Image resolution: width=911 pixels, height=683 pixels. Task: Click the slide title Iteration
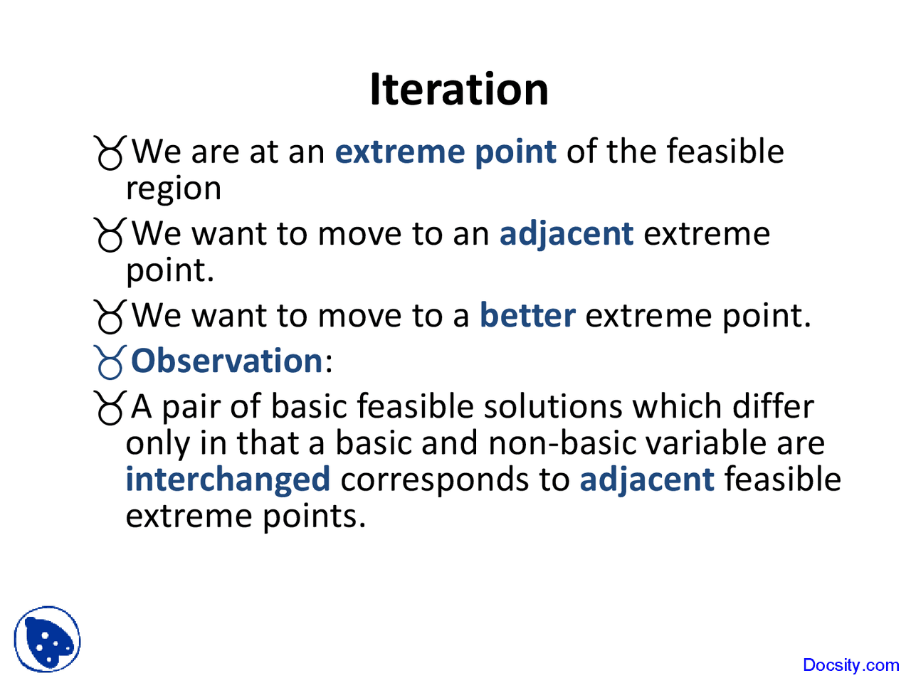click(x=459, y=90)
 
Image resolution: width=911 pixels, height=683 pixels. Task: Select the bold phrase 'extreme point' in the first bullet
click(x=446, y=152)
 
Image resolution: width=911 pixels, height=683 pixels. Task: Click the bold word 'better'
click(x=527, y=315)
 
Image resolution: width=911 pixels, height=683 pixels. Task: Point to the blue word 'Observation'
click(x=227, y=361)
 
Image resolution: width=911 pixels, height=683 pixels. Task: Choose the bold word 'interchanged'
click(x=228, y=479)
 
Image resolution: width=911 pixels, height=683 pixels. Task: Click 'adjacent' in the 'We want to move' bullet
click(x=566, y=233)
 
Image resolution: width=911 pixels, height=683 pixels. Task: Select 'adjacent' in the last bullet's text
click(x=646, y=479)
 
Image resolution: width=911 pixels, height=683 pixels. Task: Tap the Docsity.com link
click(x=851, y=665)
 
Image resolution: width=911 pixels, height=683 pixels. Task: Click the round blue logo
click(x=47, y=639)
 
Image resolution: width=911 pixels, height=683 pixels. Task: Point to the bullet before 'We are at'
click(x=110, y=152)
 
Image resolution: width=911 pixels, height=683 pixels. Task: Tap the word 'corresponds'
click(x=455, y=479)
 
